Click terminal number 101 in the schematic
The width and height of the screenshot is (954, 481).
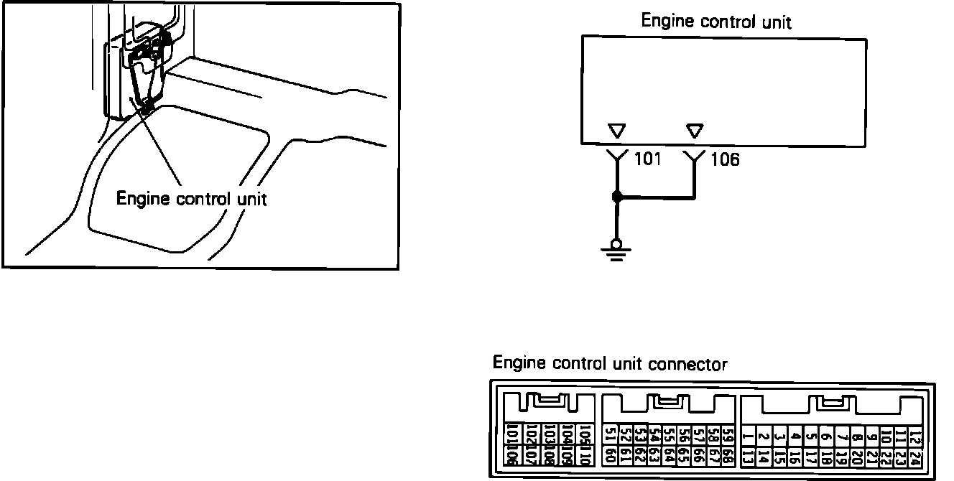coord(648,159)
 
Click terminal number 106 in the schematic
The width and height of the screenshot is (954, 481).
coord(724,159)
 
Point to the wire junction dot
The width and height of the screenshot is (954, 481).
coord(616,197)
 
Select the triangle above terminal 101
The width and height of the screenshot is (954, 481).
coord(616,131)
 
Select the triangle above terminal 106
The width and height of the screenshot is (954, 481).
coord(694,131)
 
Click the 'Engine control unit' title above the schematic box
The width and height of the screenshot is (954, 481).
coord(715,21)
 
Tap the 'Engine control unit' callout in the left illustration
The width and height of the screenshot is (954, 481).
coord(191,199)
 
